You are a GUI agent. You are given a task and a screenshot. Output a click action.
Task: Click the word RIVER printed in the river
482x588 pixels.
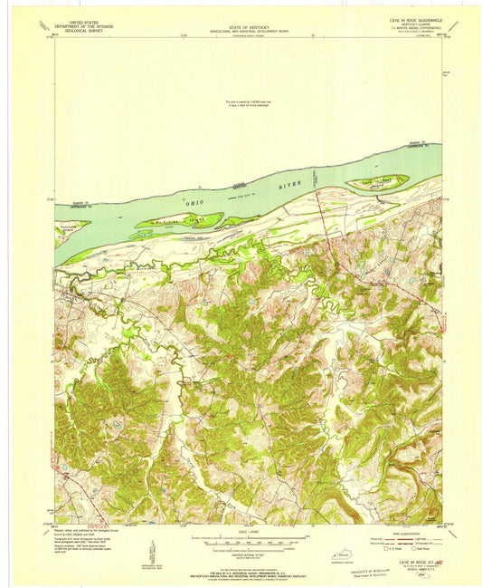289,185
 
